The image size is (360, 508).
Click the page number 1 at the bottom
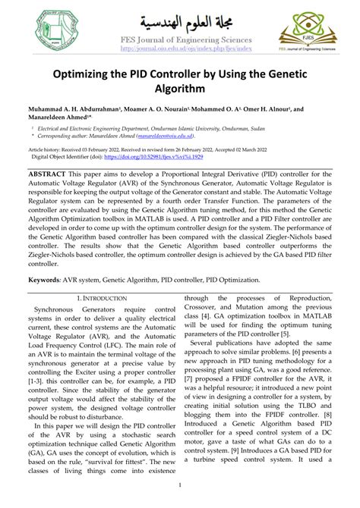point(180,486)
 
